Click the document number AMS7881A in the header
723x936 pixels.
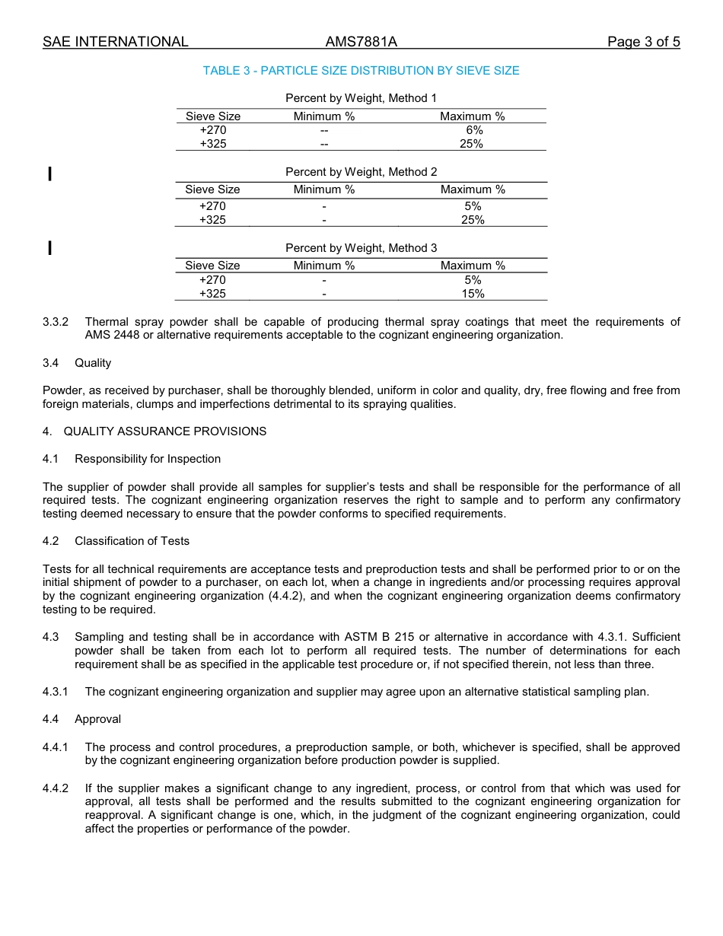(x=361, y=42)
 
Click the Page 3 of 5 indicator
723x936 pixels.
(x=643, y=42)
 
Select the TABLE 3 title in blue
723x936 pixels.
(x=361, y=71)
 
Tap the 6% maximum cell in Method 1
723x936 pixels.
(x=474, y=130)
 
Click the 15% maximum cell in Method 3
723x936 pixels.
(x=473, y=294)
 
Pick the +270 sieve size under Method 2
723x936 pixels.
(x=212, y=206)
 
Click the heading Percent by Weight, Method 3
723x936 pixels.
(x=361, y=248)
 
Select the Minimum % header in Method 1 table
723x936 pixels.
(x=324, y=116)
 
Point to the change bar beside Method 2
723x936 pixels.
(x=49, y=174)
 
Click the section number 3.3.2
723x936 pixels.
(x=56, y=322)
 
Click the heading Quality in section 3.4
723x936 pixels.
(x=93, y=363)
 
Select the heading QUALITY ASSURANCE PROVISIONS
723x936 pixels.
(x=164, y=431)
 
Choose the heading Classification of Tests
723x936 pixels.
(x=132, y=541)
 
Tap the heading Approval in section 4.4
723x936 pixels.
(x=97, y=719)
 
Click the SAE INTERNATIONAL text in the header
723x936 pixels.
(x=115, y=42)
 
